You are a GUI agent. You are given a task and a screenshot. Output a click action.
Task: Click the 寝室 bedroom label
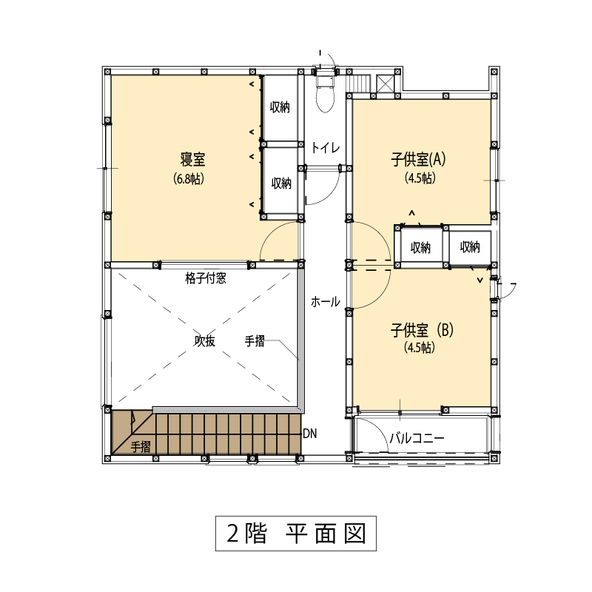point(192,159)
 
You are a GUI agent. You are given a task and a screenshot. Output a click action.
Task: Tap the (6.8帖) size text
point(189,178)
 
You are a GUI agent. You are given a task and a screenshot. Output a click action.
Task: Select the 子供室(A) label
point(418,159)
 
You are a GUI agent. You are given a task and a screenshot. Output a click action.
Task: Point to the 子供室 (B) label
point(422,330)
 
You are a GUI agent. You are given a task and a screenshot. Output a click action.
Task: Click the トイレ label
point(326,147)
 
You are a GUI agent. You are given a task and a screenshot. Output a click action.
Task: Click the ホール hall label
point(326,302)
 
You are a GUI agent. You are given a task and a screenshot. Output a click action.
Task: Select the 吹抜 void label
point(205,340)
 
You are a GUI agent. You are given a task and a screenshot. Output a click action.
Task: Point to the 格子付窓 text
point(206,279)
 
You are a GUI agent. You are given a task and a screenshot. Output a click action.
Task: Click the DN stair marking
point(310,434)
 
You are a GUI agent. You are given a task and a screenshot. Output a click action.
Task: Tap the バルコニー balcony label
point(417,438)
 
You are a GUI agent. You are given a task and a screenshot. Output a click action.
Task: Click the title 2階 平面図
point(296,534)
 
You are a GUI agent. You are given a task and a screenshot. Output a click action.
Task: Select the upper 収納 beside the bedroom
point(280,107)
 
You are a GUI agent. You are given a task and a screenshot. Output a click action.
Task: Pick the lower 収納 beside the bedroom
point(282,184)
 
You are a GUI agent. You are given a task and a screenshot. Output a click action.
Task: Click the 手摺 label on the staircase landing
point(141,447)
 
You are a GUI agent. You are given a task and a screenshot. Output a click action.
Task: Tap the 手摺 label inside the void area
point(255,341)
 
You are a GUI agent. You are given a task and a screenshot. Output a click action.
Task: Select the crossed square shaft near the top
point(385,84)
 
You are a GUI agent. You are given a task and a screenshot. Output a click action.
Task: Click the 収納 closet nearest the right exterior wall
point(470,247)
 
